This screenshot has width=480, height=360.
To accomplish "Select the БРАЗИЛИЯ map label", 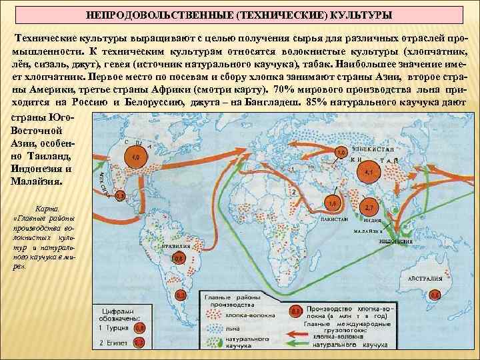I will (174, 246).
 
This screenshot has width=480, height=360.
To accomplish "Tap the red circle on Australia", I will (435, 294).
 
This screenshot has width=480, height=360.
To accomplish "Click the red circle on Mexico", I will (120, 196).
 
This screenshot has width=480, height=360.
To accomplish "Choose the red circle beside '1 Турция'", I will (139, 327).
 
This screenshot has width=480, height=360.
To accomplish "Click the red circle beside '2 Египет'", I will (139, 343).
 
